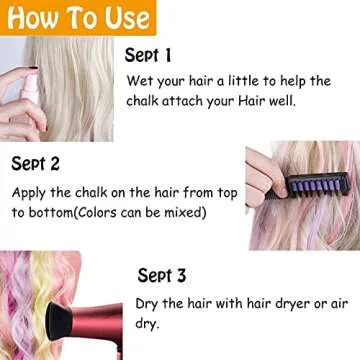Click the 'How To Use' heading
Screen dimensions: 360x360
click(x=76, y=17)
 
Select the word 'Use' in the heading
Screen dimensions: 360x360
click(x=128, y=17)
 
